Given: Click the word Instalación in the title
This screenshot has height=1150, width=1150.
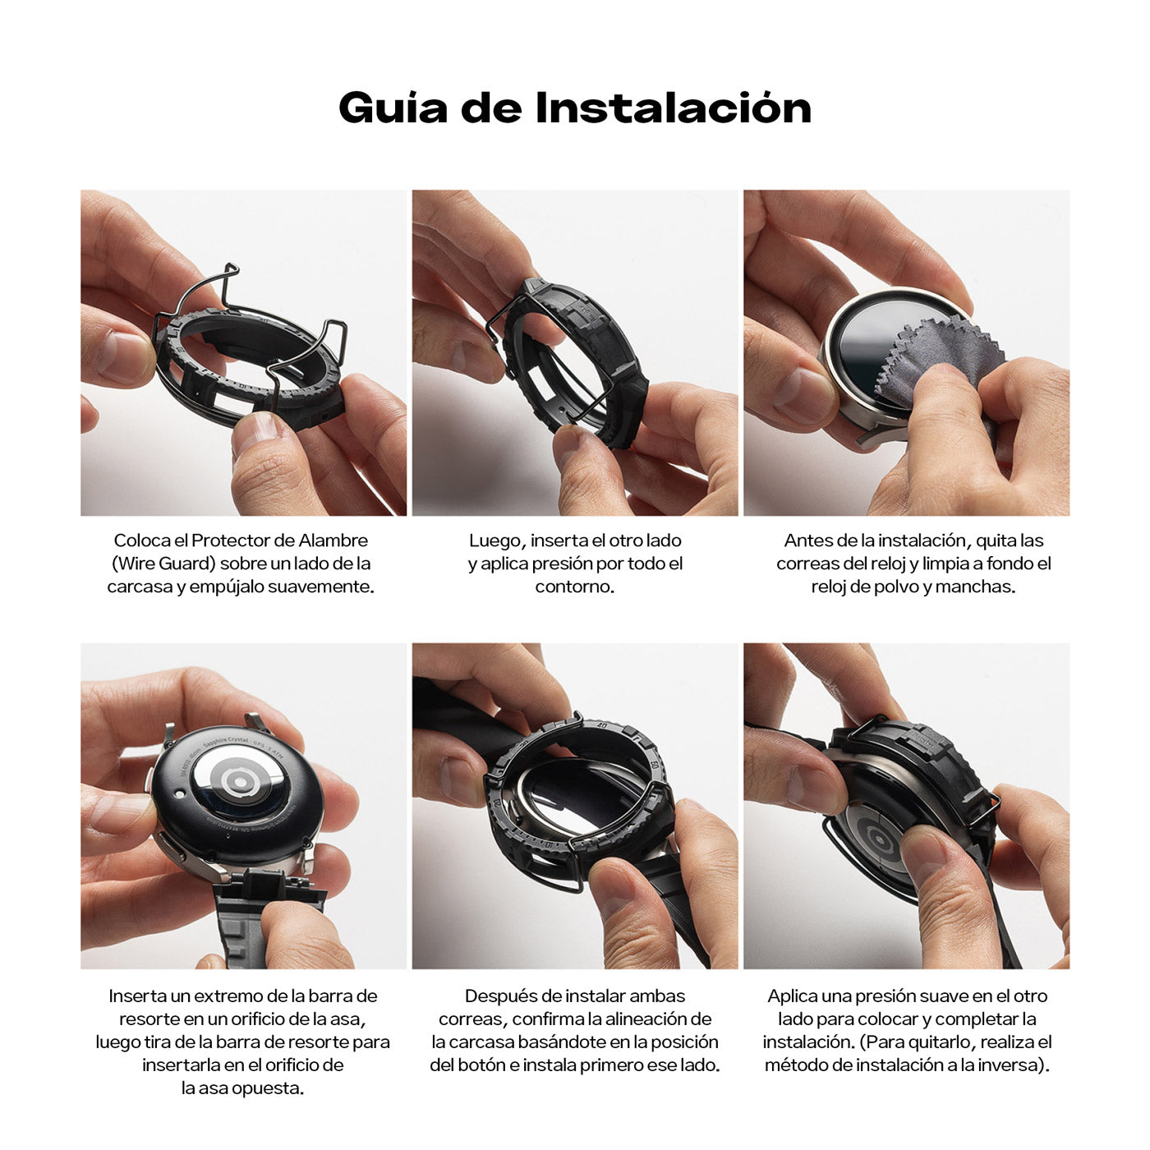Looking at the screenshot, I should point(673,108).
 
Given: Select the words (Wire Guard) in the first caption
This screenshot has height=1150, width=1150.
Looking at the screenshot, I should point(163,563).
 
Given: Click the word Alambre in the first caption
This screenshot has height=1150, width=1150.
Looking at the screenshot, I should point(333,540).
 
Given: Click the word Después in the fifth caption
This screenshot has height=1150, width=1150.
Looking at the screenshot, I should point(497,996).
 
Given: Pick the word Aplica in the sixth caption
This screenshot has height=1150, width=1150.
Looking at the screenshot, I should point(793,996).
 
